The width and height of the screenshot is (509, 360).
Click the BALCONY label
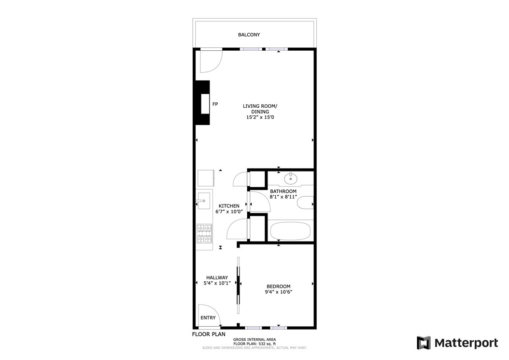(x=249, y=35)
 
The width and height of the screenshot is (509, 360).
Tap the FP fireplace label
(x=215, y=104)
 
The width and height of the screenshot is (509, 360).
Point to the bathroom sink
(x=291, y=179)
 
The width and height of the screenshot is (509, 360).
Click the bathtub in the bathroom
(x=289, y=231)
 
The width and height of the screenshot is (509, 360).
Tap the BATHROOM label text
(x=283, y=191)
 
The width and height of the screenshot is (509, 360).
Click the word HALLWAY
(x=217, y=277)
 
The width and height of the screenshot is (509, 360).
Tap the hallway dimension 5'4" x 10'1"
(x=217, y=283)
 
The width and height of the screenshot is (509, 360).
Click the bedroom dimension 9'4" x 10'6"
(x=279, y=292)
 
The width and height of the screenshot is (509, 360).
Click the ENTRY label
(x=208, y=318)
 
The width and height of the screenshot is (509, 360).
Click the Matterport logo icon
(x=424, y=343)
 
